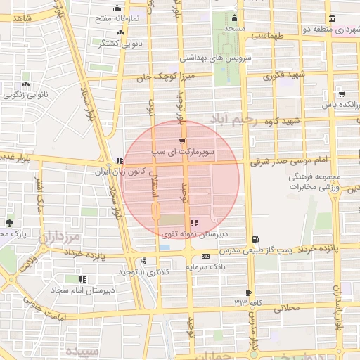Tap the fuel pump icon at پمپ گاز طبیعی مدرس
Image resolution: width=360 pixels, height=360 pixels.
click(x=254, y=239)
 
